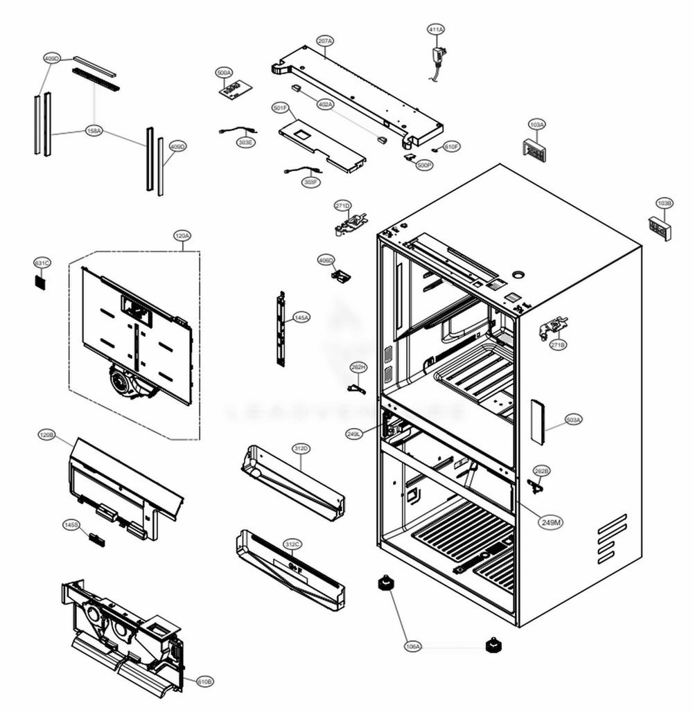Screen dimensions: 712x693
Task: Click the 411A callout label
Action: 436,30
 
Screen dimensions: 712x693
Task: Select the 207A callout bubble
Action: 325,42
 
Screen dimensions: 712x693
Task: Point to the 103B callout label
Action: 664,203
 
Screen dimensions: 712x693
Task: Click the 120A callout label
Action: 182,236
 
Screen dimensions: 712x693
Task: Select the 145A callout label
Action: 301,317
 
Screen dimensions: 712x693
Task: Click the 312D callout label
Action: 301,449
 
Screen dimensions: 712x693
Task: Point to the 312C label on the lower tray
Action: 292,545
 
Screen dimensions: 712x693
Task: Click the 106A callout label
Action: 412,646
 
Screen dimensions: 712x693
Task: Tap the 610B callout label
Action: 205,682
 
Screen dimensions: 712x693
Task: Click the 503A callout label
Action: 573,420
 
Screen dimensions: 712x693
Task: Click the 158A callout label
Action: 94,130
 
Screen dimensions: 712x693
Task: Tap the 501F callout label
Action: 280,108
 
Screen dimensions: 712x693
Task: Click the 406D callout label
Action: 326,260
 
